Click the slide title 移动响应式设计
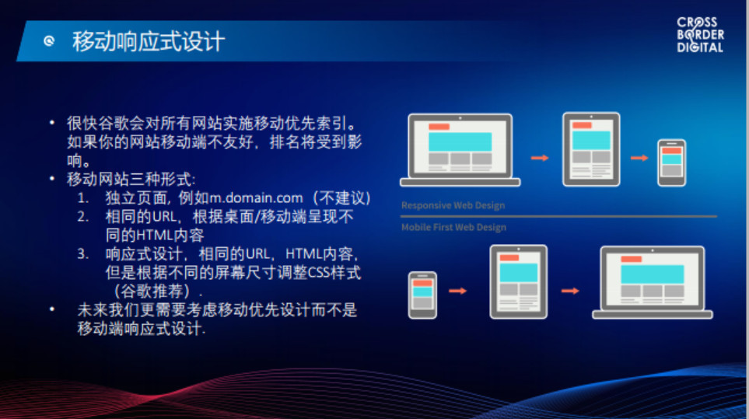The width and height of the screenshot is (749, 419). pos(148,41)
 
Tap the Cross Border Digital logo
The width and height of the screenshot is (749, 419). pos(700,35)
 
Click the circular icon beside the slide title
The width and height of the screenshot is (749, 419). pos(49,41)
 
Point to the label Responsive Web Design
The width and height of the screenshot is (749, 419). pos(453,205)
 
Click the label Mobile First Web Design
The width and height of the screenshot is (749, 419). pos(453,227)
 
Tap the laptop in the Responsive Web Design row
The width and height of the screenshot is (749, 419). pos(460,150)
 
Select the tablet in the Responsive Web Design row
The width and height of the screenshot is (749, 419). pos(591,149)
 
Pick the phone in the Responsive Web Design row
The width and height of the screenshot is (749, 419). pos(672,162)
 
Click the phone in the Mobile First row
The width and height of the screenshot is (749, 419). pos(422,295)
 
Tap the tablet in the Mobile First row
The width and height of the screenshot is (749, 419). pos(518,281)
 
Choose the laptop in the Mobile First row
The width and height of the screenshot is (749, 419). pos(653,282)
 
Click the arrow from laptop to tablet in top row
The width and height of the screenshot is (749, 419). pos(540,158)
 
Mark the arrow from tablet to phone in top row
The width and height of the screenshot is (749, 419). pos(639,158)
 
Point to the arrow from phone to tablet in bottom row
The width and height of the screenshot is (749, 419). pos(457,291)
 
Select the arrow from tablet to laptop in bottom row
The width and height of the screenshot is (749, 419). pos(570,291)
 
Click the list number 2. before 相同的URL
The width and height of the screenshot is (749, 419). pos(83,217)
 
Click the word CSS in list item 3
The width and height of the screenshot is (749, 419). pos(317,273)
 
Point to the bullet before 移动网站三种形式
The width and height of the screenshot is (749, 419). pos(52,179)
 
